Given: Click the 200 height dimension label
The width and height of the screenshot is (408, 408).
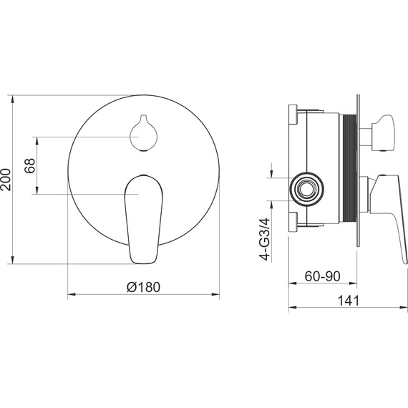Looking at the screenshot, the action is click(6, 180).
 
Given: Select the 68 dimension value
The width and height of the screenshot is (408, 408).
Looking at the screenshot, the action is click(29, 166).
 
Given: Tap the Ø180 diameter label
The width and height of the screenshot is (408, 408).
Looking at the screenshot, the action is click(143, 287).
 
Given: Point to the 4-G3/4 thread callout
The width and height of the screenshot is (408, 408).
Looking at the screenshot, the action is click(265, 239).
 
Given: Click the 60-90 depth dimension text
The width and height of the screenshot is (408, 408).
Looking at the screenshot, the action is click(322, 276).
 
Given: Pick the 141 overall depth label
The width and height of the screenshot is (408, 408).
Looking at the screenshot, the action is click(348, 301).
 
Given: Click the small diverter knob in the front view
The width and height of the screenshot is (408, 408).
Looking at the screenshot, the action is click(144, 133).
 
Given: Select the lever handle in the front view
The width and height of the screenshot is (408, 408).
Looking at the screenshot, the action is click(144, 219).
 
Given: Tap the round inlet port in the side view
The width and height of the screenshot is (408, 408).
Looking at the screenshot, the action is click(307, 189).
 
